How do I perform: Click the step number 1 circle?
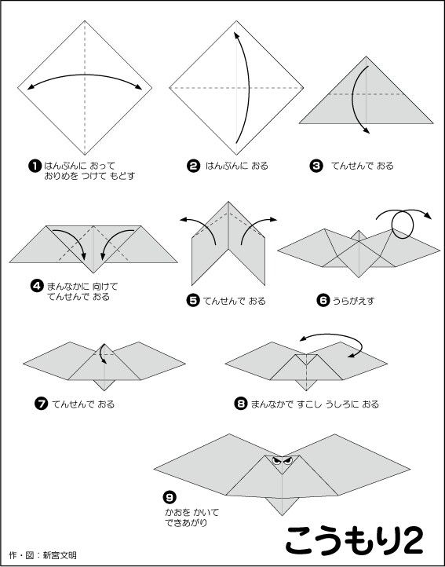click(35, 166)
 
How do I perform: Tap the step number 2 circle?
click(193, 166)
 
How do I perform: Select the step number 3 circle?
click(316, 166)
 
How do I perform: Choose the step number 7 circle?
click(42, 404)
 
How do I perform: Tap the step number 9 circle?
click(169, 498)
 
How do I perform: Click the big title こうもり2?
click(354, 540)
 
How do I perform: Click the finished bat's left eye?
click(275, 462)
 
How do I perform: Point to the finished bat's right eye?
click(288, 462)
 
